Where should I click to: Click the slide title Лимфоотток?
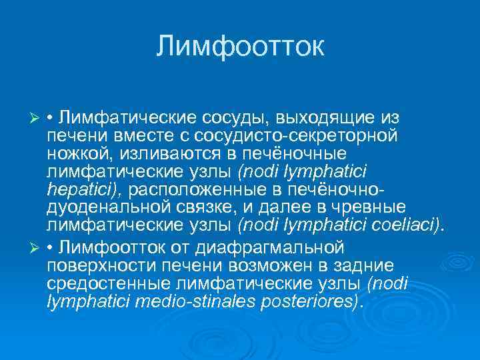click(240, 47)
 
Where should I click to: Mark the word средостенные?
click(107, 283)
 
